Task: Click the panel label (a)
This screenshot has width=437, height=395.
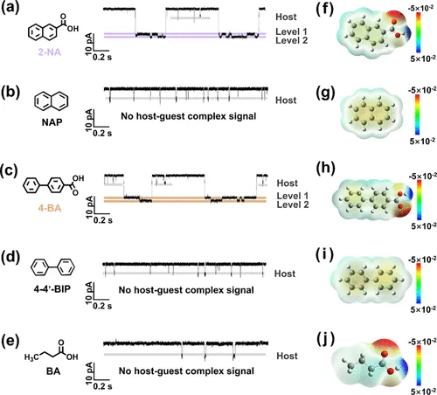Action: click(10, 8)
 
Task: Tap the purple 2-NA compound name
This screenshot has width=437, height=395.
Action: click(50, 52)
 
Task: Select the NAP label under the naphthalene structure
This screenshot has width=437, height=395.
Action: click(52, 122)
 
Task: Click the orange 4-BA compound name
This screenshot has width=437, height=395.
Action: click(50, 208)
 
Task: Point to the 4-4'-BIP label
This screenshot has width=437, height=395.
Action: click(52, 289)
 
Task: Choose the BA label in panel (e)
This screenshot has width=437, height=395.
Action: click(53, 371)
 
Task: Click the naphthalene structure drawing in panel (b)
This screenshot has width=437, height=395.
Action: click(52, 101)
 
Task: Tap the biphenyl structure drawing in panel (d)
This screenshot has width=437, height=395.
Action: click(52, 267)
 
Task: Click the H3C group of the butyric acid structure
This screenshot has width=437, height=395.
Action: click(31, 357)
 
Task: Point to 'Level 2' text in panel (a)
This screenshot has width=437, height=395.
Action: click(292, 40)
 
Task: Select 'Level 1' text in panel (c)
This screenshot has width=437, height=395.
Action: click(293, 196)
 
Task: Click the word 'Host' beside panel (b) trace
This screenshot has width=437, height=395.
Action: click(286, 100)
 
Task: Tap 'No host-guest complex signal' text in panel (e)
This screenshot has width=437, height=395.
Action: click(186, 371)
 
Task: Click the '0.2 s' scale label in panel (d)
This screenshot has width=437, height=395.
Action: click(102, 306)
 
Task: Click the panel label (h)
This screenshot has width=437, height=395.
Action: click(325, 169)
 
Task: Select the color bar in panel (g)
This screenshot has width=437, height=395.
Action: click(418, 114)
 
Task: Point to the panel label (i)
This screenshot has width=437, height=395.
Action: click(324, 256)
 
